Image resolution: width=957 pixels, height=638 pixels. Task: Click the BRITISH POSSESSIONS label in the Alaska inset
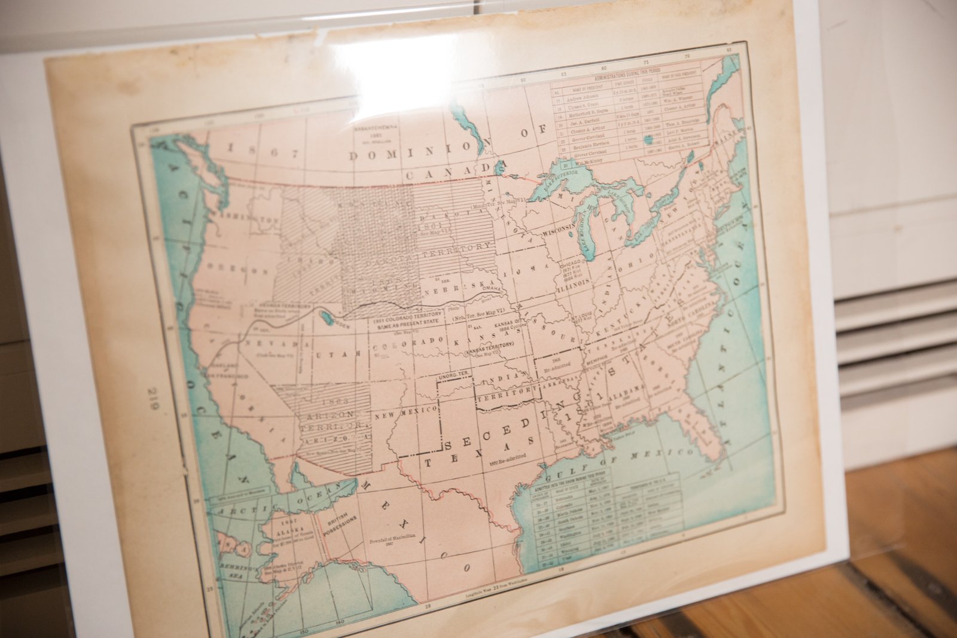click(x=342, y=524)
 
